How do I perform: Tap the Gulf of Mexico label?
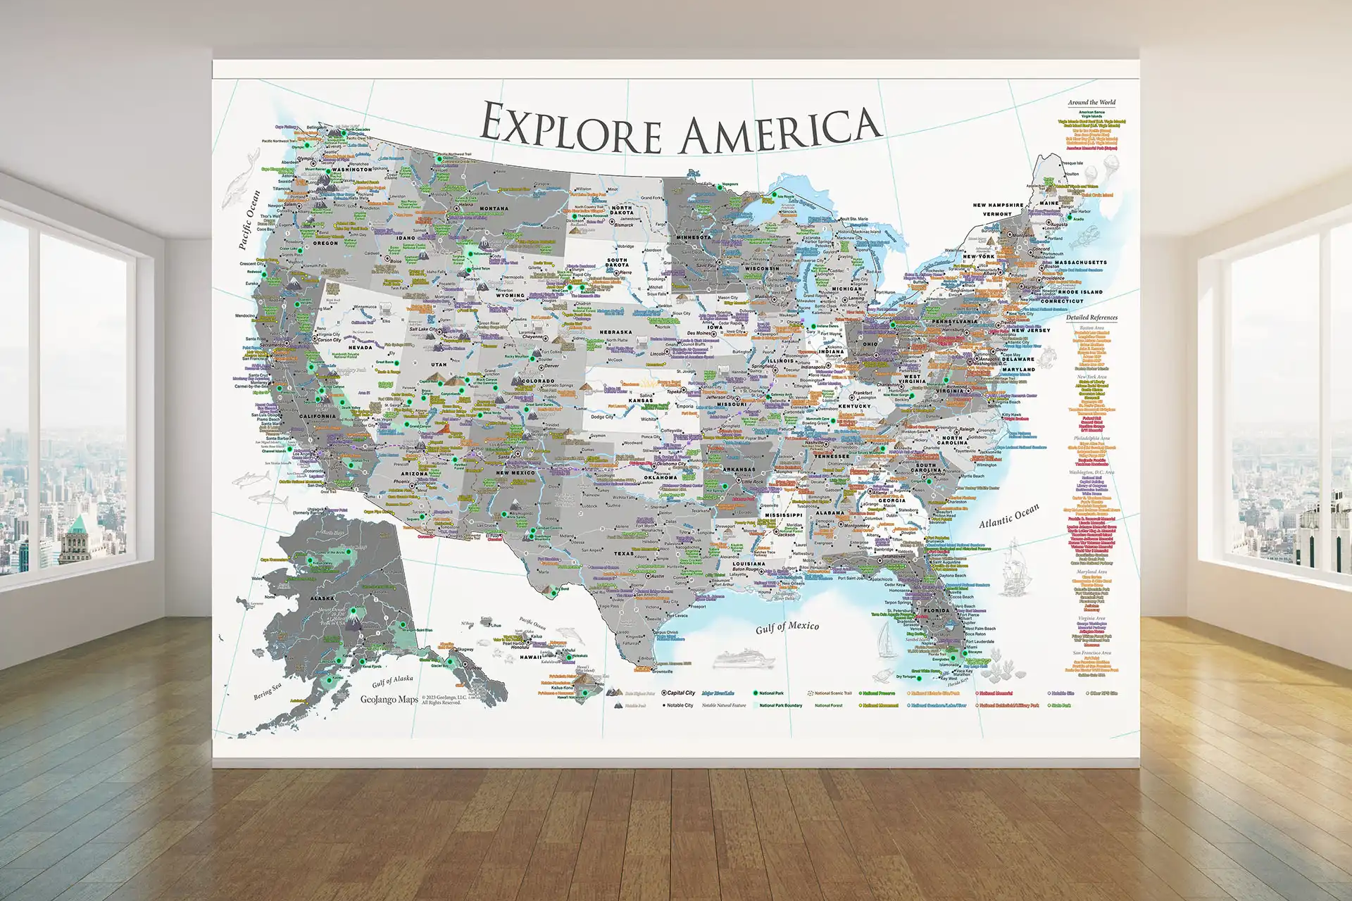(787, 627)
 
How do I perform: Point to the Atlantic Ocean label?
(1008, 517)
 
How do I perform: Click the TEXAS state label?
(624, 553)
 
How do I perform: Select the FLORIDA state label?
(937, 610)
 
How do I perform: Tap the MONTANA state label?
(494, 208)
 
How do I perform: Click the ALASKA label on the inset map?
(323, 598)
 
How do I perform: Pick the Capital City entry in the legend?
(680, 693)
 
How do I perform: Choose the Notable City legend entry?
(680, 705)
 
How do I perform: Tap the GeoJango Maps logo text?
(389, 699)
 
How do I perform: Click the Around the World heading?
(1091, 103)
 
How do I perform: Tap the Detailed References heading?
(1091, 317)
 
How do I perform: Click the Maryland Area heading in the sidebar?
(1091, 572)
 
